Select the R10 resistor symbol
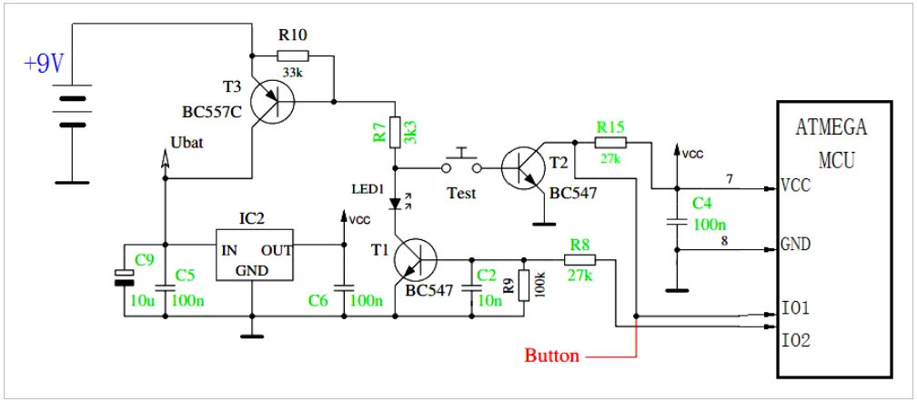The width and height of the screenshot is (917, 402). (295, 55)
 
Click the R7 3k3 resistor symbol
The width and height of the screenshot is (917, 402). (395, 129)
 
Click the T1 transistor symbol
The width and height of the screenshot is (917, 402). (416, 261)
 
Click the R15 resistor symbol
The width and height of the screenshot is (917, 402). (610, 143)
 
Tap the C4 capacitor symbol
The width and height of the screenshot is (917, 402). (676, 221)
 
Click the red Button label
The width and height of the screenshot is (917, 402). (551, 356)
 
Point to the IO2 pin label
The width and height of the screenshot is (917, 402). (796, 340)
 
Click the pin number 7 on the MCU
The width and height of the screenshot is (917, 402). (729, 177)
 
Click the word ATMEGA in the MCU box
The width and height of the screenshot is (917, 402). (831, 127)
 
